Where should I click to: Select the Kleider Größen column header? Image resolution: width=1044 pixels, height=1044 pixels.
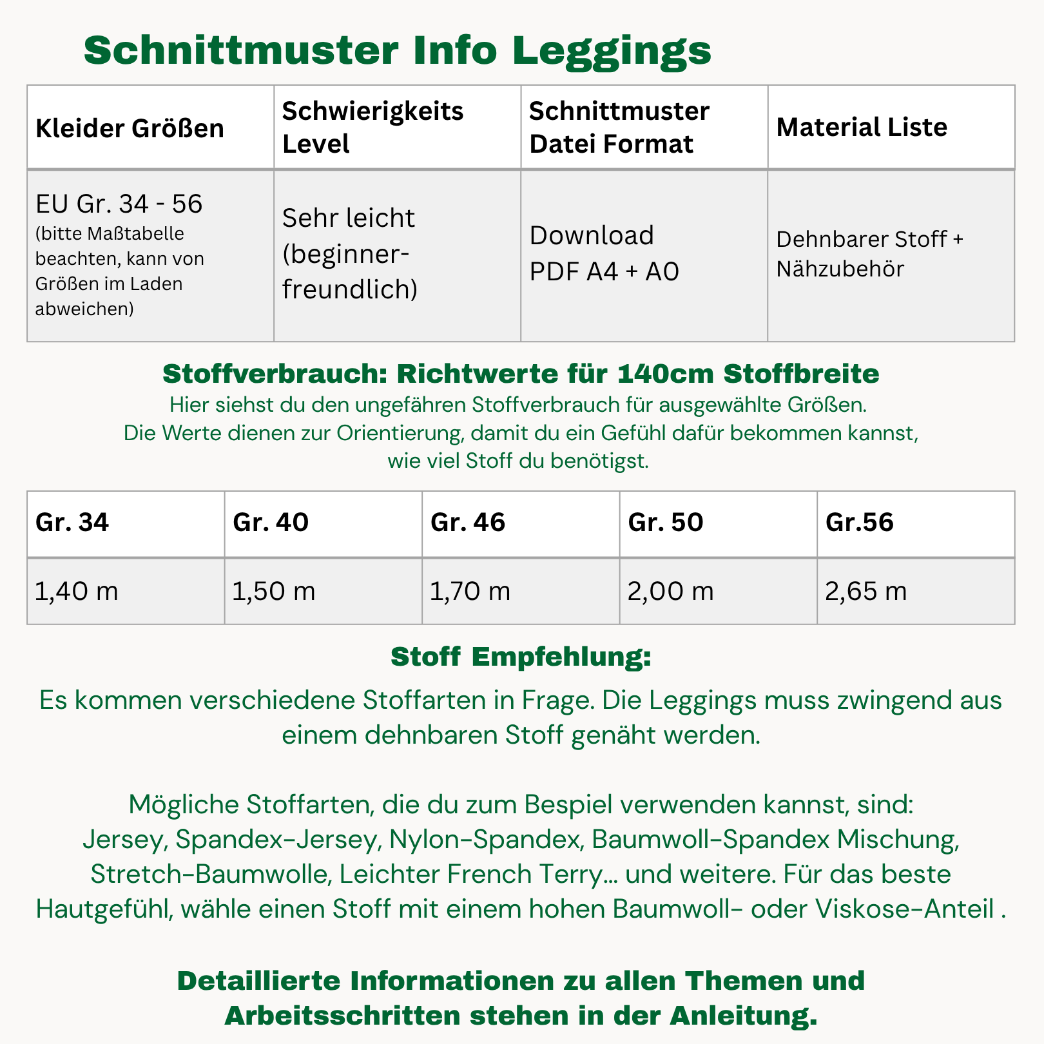coord(130,128)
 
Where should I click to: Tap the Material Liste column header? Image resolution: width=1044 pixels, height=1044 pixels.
coord(862,127)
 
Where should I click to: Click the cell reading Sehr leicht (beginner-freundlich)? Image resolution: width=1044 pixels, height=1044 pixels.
coord(350,254)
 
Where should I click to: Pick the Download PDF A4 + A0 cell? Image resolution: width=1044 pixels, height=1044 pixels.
coord(604,253)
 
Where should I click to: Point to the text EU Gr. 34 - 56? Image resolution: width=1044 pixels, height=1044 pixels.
coord(119,204)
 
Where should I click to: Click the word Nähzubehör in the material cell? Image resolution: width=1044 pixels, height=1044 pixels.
coord(840,269)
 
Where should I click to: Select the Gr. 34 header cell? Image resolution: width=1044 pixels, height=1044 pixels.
coord(72,522)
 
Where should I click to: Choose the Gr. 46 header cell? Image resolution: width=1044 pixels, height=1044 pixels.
coord(468,522)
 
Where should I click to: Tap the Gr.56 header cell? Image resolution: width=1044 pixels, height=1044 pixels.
coord(859,522)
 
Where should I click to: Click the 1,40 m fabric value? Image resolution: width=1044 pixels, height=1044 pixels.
coord(77,591)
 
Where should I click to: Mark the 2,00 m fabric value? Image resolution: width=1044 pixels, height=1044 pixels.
coord(670,591)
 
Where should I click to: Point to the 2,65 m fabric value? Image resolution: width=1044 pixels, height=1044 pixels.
coord(865,591)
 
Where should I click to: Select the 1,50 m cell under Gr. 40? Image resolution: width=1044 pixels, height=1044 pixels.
coord(274,591)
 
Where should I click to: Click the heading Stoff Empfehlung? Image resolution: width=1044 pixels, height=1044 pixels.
coord(521,657)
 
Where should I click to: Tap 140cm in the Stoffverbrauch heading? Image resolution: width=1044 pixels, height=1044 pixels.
coord(666,374)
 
